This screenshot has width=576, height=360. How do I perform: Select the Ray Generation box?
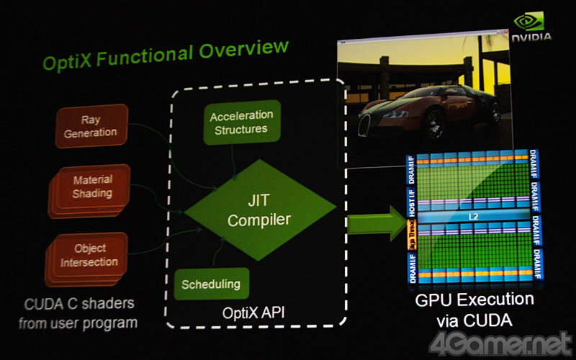pos(91,126)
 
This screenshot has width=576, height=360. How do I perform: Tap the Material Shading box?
pos(92,186)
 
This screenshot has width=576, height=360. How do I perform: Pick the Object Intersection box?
pos(90,255)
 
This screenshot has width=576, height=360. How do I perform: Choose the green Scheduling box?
pos(210,284)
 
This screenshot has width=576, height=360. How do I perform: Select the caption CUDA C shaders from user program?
pos(78,312)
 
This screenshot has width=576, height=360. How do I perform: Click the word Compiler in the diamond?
pos(259,220)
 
